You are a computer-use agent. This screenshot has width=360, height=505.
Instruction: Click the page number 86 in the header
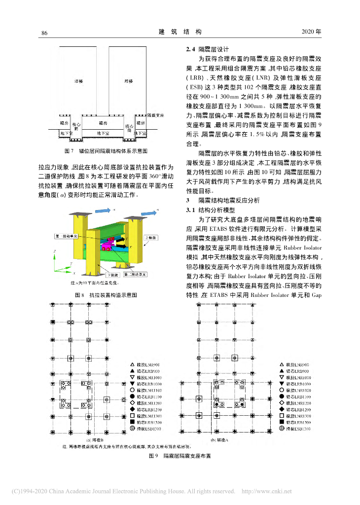44,33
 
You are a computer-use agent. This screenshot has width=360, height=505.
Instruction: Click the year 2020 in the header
311,32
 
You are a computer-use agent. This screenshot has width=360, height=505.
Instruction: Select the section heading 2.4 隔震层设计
207,50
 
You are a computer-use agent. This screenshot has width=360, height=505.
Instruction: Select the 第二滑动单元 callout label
136,274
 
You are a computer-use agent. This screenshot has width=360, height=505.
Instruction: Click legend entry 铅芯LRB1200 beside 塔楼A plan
297,409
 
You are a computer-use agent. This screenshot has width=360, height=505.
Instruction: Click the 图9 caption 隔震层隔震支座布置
180,457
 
